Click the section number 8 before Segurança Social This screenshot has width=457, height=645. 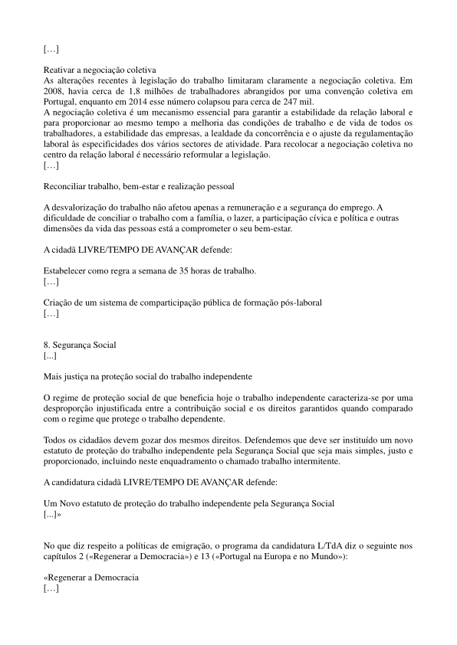click(46, 345)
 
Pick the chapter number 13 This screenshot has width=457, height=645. click(248, 557)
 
